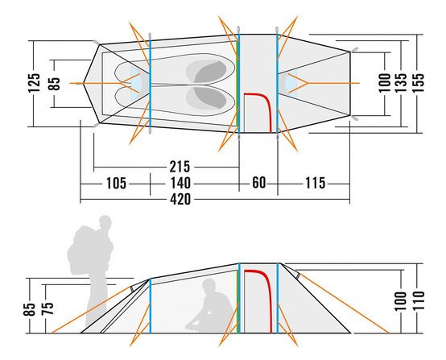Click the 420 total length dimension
[x=180, y=199]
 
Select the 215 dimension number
[x=180, y=167]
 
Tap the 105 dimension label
[x=116, y=184]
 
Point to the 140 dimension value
[x=180, y=184]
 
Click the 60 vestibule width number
[x=259, y=183]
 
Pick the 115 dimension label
[x=315, y=184]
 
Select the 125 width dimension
[x=34, y=83]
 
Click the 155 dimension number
[x=418, y=83]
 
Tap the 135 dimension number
[x=401, y=83]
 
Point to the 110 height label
[x=418, y=301]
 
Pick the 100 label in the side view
[x=401, y=301]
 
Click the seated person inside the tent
[x=210, y=308]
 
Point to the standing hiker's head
[x=105, y=221]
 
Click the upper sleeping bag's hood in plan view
[x=210, y=72]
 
